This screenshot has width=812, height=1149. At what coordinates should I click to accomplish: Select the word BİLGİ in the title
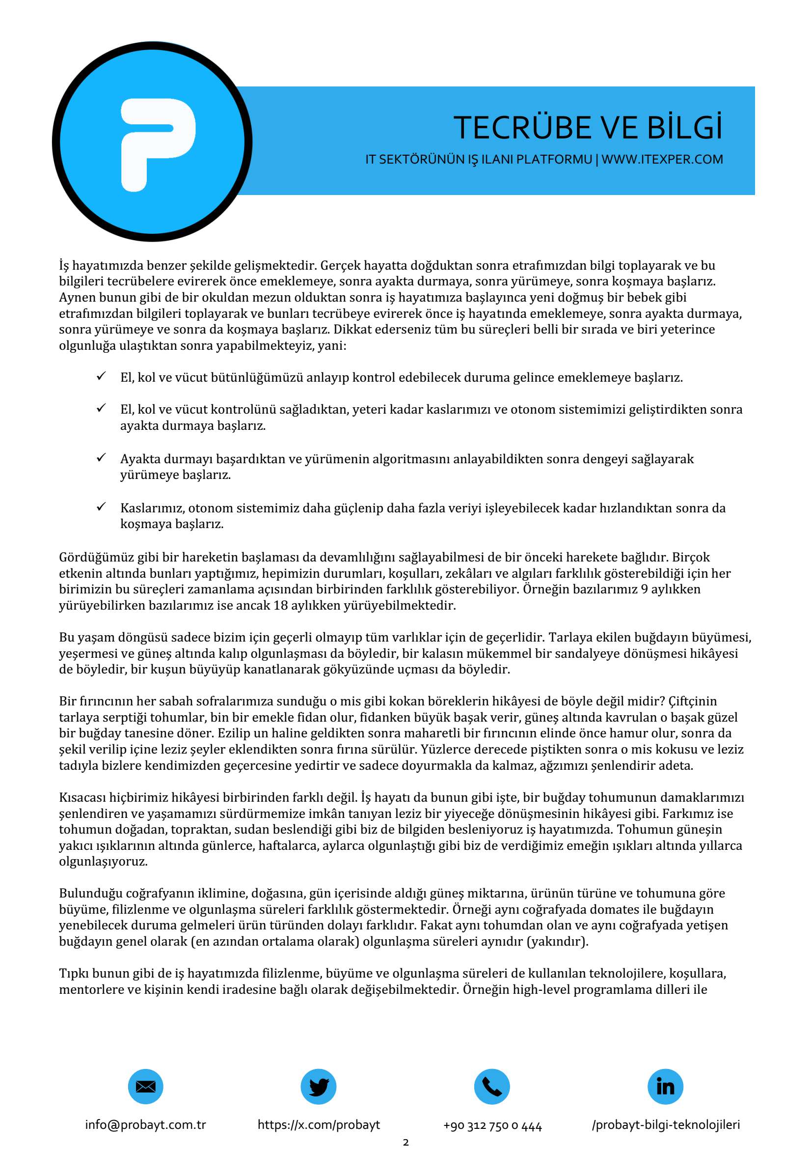point(685,128)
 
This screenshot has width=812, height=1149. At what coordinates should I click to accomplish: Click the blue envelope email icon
point(145,1087)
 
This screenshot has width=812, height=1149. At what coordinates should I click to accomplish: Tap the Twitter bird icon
point(319,1087)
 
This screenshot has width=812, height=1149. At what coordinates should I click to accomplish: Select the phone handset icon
point(491,1087)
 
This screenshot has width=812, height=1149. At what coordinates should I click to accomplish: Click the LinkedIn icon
point(665,1087)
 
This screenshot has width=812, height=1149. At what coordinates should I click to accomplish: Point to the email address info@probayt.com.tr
point(145,1125)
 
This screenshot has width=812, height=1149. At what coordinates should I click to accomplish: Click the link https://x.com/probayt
point(319,1125)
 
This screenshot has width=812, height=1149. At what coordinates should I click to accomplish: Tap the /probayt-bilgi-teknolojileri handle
point(666,1125)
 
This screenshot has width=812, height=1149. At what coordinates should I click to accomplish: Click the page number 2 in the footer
point(406,1143)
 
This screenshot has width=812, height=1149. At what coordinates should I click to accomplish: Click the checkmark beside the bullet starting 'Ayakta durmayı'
point(102,457)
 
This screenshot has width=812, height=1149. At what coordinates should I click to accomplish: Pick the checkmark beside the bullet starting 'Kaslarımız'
point(102,506)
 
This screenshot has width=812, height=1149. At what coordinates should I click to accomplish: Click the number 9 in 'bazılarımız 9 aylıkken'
point(645,589)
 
